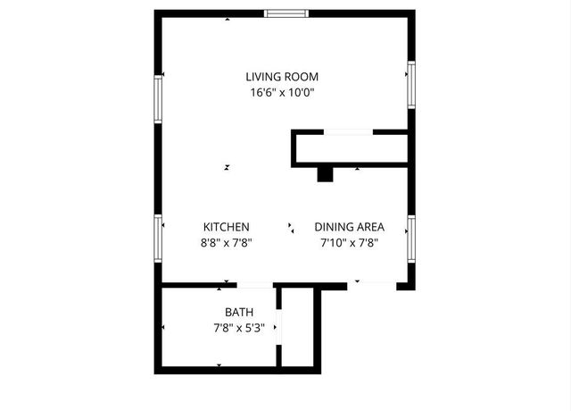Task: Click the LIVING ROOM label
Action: coord(282,77)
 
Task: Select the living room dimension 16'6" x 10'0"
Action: coord(282,92)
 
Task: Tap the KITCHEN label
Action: coord(227,227)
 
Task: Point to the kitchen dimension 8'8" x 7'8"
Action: coord(227,242)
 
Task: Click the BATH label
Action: coord(239,312)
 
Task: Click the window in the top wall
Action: coord(286,13)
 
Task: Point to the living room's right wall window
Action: coord(411,83)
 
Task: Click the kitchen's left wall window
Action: coord(158,237)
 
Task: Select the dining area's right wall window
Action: coord(411,237)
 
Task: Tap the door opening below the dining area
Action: coord(371,285)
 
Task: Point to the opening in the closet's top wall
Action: coord(348,132)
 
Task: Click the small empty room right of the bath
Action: coord(298,327)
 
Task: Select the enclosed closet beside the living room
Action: coord(351,148)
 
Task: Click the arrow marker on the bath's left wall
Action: coord(162,328)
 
